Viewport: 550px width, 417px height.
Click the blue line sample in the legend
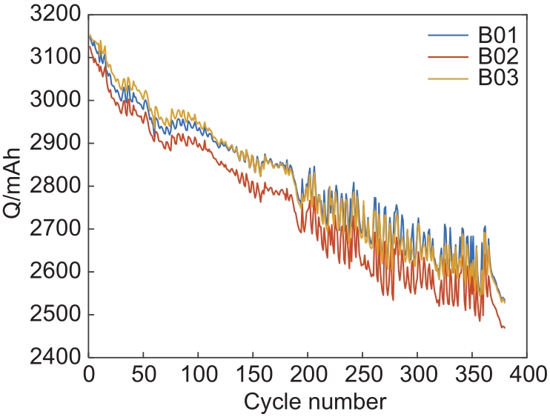point(448,36)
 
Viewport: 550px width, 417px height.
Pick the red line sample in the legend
point(448,56)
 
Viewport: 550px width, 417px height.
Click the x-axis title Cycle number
point(314,401)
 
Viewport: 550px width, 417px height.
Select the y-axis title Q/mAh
point(14,185)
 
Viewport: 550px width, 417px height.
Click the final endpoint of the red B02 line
point(504,327)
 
